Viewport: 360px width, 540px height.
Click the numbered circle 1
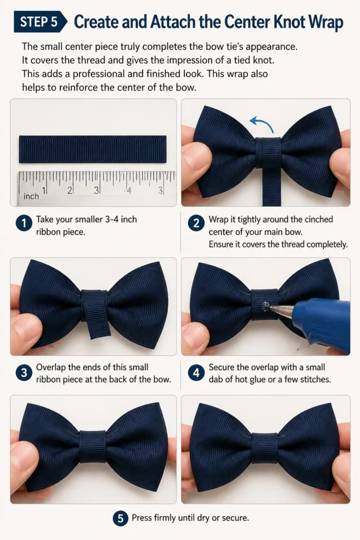point(24,224)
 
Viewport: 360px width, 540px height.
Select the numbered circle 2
point(196,224)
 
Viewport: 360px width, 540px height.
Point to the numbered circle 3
point(24,373)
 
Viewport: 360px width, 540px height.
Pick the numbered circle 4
point(196,373)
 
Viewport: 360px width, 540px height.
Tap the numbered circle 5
point(121,518)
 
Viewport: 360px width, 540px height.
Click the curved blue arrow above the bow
point(261,122)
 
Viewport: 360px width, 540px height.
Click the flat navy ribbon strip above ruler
point(93,149)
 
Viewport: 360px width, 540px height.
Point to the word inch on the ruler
point(31,196)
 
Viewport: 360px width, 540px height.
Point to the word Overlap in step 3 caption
point(51,368)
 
